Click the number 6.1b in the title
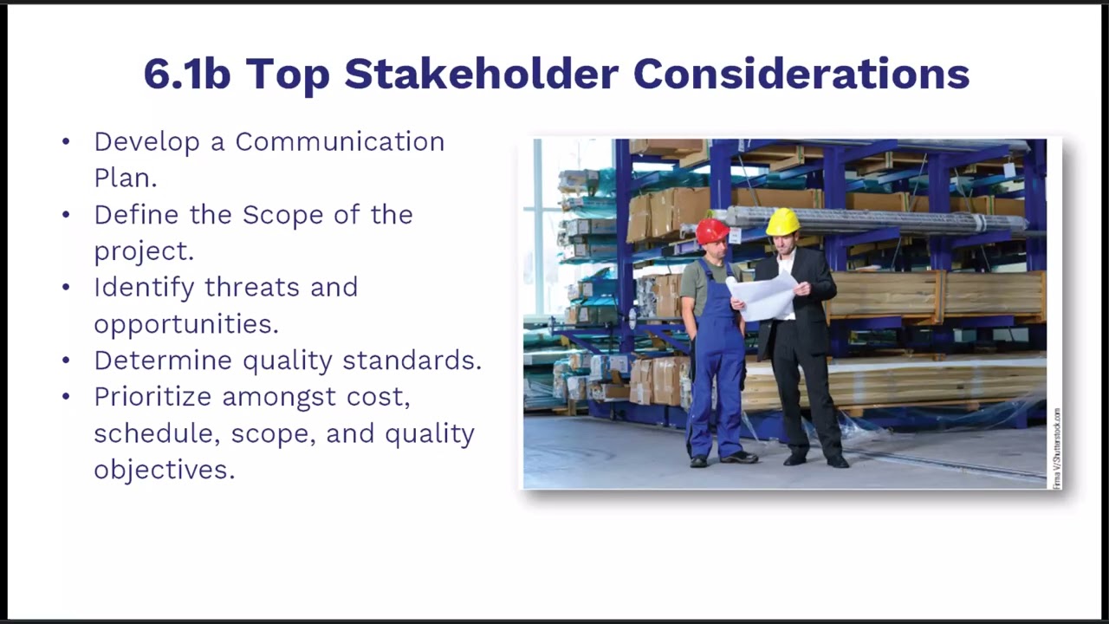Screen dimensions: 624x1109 (x=186, y=75)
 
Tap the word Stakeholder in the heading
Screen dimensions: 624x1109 (x=481, y=75)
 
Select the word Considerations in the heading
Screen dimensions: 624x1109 (x=801, y=75)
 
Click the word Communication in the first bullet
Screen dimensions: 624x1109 (x=340, y=142)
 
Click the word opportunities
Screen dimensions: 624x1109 (x=186, y=324)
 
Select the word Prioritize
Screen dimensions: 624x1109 (x=153, y=397)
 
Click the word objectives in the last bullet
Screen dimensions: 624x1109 (x=164, y=470)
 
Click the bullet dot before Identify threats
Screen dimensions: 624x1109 (x=67, y=288)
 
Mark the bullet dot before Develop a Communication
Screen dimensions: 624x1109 (x=67, y=142)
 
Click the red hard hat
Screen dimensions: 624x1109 (x=712, y=231)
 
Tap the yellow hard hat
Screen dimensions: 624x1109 (x=782, y=222)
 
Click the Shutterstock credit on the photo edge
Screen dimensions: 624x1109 (x=1056, y=448)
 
